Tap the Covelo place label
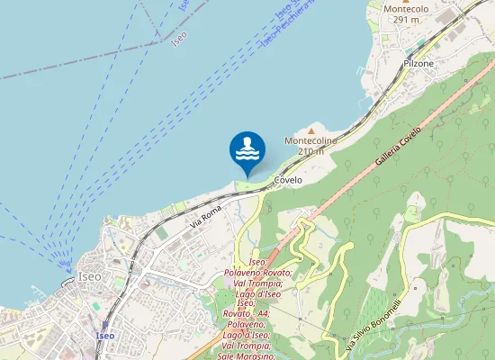click(288, 180)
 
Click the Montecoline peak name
click(311, 141)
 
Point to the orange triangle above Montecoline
click(312, 130)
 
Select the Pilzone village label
click(418, 64)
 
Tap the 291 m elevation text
click(402, 19)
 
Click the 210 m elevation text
click(311, 151)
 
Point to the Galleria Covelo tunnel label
click(398, 149)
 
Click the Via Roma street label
click(205, 216)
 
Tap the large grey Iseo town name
click(90, 276)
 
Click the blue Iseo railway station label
click(104, 336)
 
